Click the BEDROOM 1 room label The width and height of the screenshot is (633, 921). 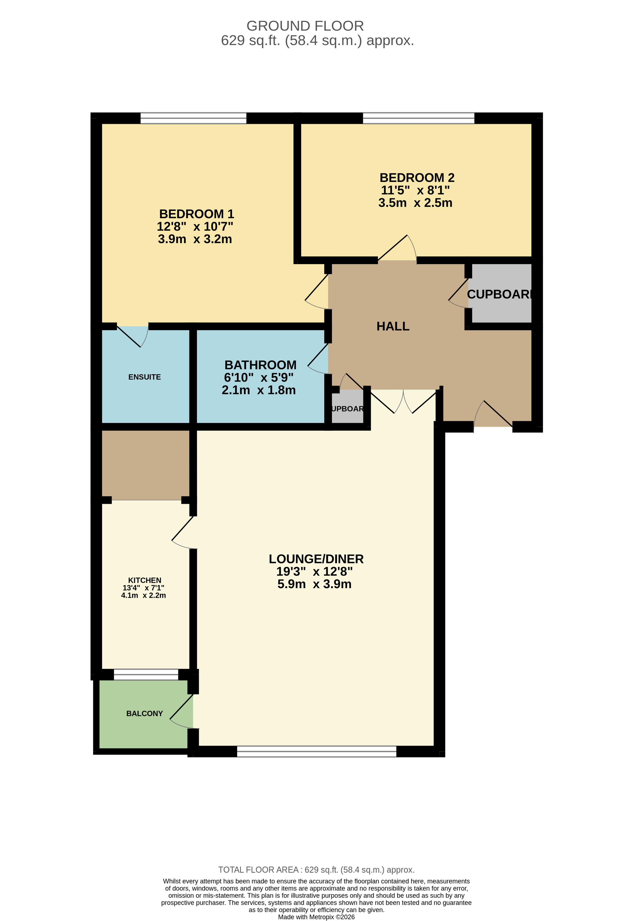click(197, 214)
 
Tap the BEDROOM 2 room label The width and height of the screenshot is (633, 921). click(417, 178)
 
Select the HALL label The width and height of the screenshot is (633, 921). click(393, 326)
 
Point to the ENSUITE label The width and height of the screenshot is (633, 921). click(144, 377)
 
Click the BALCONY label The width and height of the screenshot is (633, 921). click(144, 714)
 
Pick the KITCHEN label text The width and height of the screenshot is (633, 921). click(144, 580)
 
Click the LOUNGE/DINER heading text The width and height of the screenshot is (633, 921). click(316, 559)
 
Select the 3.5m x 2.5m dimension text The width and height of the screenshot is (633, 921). click(415, 203)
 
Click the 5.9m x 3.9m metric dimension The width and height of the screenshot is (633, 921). click(314, 584)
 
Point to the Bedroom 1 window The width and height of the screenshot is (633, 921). click(194, 118)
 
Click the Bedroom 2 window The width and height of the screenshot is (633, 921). click(418, 118)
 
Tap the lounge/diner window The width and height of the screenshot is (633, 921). click(316, 751)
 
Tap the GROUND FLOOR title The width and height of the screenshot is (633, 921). click(305, 26)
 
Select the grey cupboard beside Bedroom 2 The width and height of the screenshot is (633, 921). click(500, 293)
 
